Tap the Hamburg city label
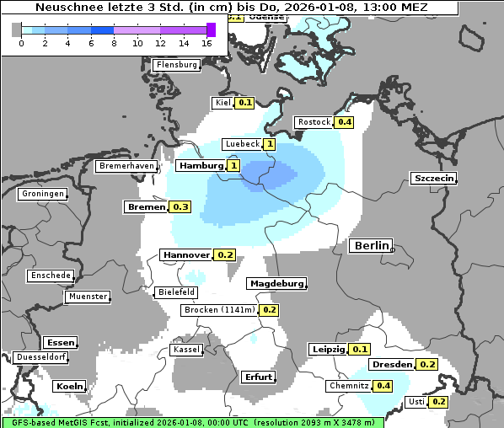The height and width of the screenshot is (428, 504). tap(200, 166)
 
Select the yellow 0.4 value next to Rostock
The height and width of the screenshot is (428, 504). tap(344, 122)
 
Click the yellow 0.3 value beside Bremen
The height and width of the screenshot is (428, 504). tap(180, 206)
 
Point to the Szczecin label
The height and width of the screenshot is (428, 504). tap(433, 178)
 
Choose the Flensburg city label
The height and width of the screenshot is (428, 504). tap(177, 65)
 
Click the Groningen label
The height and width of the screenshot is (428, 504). tap(43, 194)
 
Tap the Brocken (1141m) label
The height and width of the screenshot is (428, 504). tap(218, 310)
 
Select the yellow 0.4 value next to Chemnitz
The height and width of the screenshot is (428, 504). tap(383, 386)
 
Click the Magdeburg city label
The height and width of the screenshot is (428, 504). tap(276, 284)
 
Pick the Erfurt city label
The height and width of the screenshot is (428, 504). tap(258, 377)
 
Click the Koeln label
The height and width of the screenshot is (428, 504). tap(69, 386)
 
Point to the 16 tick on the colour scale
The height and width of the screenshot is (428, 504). tap(206, 42)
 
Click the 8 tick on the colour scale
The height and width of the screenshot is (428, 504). tap(114, 42)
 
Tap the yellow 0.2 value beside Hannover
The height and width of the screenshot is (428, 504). tap(224, 254)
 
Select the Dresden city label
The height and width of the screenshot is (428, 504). tap(392, 365)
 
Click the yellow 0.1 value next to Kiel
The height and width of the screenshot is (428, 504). tap(244, 103)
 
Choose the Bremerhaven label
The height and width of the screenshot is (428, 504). tap(126, 166)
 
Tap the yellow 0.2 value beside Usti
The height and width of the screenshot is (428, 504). tap(438, 402)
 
